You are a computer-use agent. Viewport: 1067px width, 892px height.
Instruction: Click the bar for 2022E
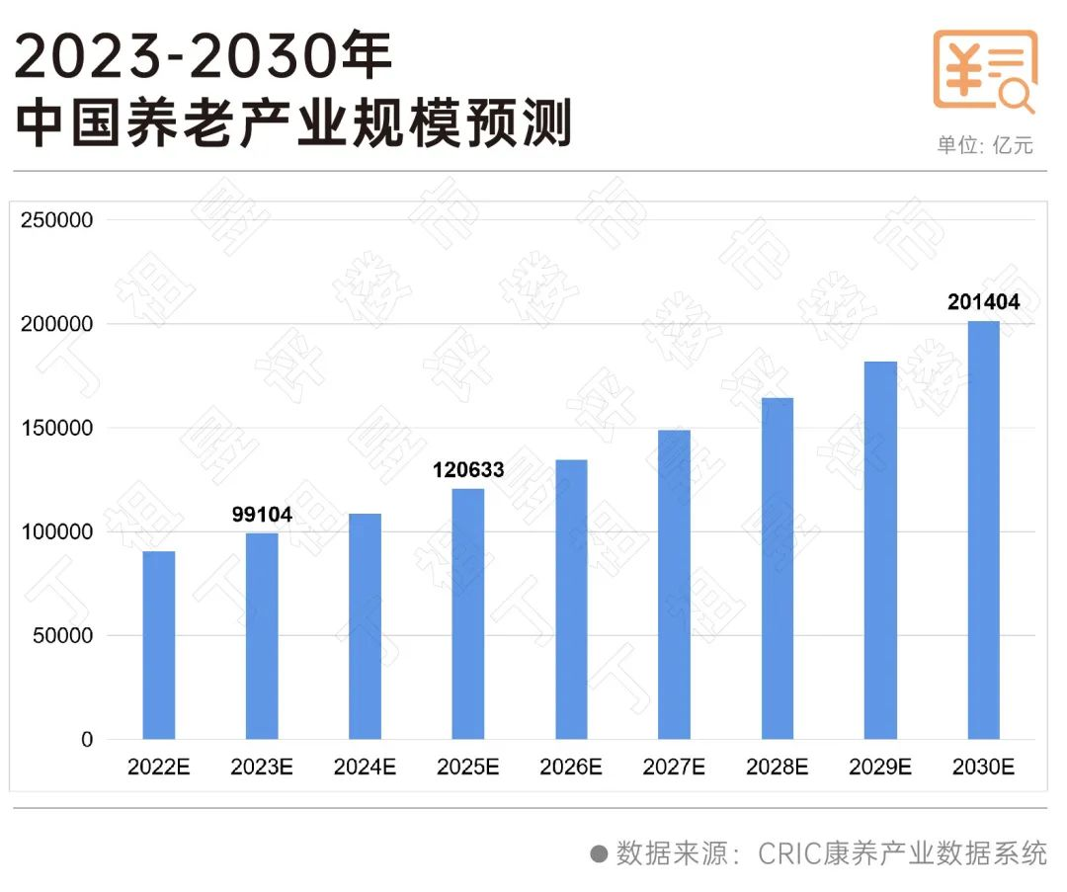pyautogui.click(x=159, y=645)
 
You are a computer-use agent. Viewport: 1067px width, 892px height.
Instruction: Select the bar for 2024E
pyautogui.click(x=365, y=626)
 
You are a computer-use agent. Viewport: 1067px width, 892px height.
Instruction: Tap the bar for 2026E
pyautogui.click(x=571, y=600)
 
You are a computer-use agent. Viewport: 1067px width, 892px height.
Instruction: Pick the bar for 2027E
pyautogui.click(x=674, y=585)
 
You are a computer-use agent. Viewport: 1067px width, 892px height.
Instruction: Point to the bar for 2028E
pyautogui.click(x=778, y=569)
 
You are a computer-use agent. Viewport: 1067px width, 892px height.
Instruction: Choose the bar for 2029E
pyautogui.click(x=880, y=550)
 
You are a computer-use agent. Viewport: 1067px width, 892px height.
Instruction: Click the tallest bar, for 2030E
pyautogui.click(x=983, y=530)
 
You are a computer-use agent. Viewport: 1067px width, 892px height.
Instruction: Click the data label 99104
pyautogui.click(x=262, y=515)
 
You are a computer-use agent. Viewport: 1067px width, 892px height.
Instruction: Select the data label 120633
pyautogui.click(x=468, y=470)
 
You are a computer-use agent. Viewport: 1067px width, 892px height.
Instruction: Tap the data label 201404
pyautogui.click(x=983, y=302)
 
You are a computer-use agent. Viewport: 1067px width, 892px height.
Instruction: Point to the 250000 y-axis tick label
pyautogui.click(x=57, y=220)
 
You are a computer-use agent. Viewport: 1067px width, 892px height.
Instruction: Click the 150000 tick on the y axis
pyautogui.click(x=57, y=429)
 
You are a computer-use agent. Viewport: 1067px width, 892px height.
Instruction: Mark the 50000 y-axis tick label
pyautogui.click(x=62, y=636)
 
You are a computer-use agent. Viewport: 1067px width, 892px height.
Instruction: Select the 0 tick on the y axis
pyautogui.click(x=87, y=740)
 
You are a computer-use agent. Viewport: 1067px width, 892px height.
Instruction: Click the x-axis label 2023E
pyautogui.click(x=262, y=767)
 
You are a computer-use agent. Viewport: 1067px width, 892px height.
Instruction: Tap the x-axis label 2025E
pyautogui.click(x=468, y=767)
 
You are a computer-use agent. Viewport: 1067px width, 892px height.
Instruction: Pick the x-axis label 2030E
pyautogui.click(x=983, y=767)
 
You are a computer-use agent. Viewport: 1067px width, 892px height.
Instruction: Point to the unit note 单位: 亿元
pyautogui.click(x=985, y=145)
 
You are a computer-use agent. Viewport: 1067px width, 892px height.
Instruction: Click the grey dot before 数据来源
pyautogui.click(x=599, y=853)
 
